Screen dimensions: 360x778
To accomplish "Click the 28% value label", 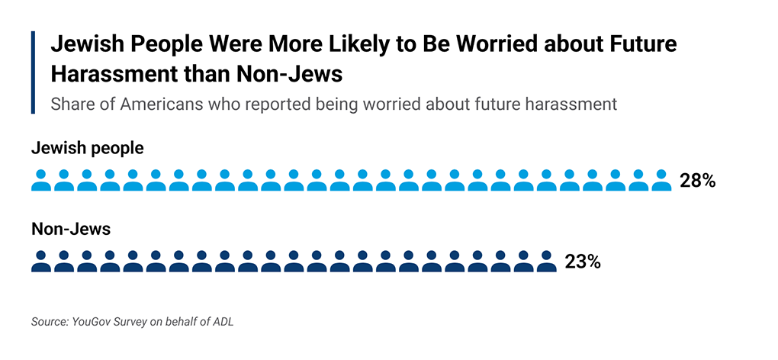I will (x=697, y=181).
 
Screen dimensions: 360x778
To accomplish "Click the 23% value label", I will (x=583, y=262).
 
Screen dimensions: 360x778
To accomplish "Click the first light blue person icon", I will (x=41, y=181).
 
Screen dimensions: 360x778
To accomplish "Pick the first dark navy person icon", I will (x=41, y=262).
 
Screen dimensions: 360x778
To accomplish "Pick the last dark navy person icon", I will (x=546, y=262).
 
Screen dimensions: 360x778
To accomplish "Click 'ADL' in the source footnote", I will (x=222, y=322).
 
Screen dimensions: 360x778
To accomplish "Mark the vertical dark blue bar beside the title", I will (x=33, y=72).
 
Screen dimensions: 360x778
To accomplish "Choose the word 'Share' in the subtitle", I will (x=72, y=104).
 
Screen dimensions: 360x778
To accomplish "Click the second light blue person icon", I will (x=64, y=181).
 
